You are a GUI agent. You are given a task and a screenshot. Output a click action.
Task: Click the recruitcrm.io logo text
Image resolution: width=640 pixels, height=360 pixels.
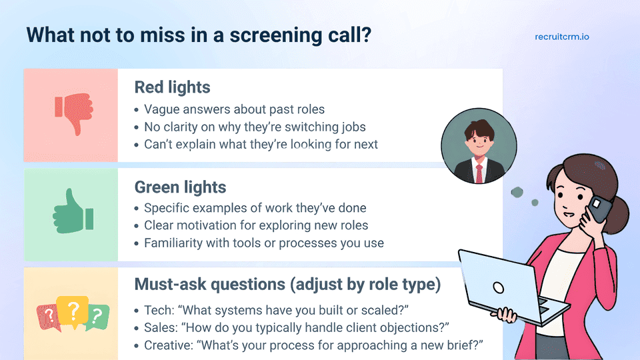561,37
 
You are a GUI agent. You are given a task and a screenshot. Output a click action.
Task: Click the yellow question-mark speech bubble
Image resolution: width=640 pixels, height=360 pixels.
73,312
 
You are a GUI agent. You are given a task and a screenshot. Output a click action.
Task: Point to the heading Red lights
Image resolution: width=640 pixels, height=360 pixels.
172,87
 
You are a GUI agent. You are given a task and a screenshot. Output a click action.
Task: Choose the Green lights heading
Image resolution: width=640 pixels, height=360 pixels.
180,187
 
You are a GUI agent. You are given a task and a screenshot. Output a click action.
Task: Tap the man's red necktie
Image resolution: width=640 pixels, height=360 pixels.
479,173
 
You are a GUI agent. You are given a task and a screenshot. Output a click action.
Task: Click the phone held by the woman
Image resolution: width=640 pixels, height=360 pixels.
599,208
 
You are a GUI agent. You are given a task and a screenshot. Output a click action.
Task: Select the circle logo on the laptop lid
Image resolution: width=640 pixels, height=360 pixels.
499,288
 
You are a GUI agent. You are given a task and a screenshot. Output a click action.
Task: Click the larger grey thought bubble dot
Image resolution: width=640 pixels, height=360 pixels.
517,192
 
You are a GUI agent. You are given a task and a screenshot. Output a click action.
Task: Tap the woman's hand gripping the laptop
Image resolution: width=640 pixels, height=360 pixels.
505,315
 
